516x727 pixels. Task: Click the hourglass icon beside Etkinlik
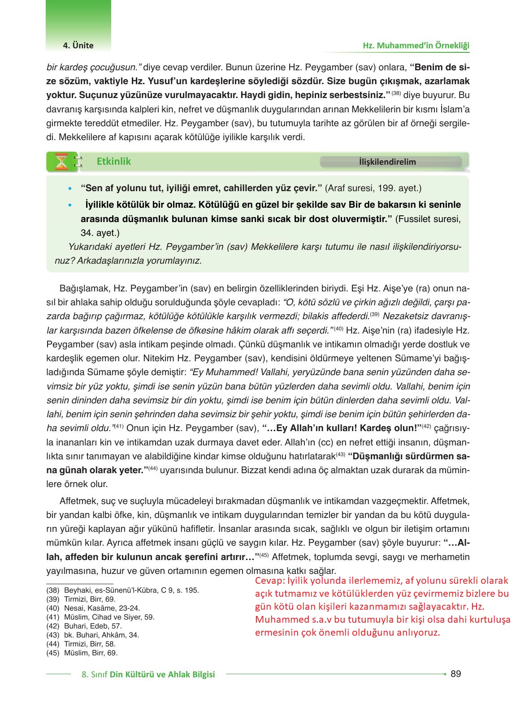pos(62,162)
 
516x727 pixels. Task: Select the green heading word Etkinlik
pos(114,162)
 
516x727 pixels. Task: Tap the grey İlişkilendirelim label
pos(387,162)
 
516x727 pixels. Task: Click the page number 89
pos(455,674)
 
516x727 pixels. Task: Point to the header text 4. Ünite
pos(78,45)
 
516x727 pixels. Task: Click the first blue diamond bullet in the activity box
pos(69,189)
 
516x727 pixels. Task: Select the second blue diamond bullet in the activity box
pos(69,205)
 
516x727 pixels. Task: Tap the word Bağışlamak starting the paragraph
pos(84,288)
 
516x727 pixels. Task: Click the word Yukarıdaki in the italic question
pos(88,247)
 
